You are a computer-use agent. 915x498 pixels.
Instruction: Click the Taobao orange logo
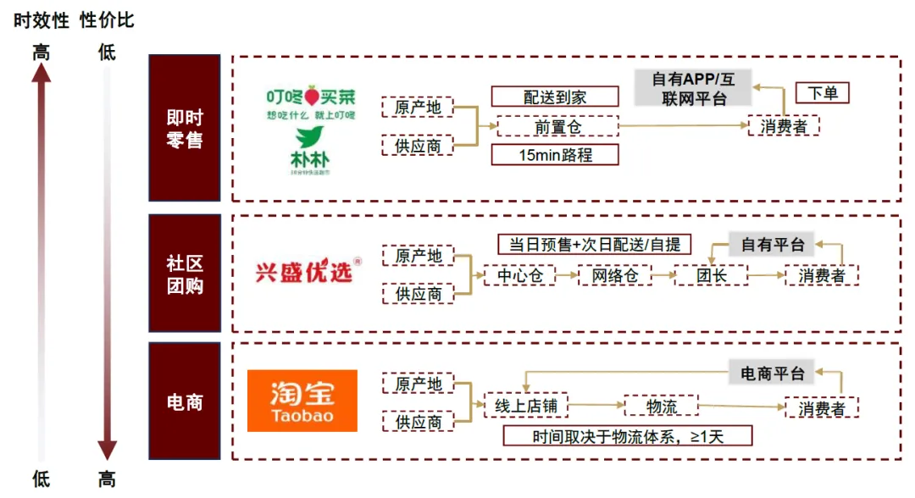[x=302, y=401]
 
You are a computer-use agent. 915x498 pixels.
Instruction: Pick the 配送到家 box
[x=555, y=97]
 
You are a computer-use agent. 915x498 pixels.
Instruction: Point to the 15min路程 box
[x=555, y=155]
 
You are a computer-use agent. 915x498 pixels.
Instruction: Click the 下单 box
[x=822, y=93]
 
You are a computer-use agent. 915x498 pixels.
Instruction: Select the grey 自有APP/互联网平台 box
[x=693, y=88]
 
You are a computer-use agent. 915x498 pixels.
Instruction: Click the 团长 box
[x=712, y=275]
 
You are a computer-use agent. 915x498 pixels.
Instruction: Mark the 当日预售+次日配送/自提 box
[x=594, y=245]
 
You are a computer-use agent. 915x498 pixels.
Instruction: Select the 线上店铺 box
[x=525, y=406]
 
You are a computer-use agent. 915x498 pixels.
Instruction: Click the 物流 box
[x=661, y=406]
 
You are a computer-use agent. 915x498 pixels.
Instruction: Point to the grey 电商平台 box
[x=772, y=373]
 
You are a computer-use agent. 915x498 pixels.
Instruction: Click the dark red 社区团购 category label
[x=185, y=274]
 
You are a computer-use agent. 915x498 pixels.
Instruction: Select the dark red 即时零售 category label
[x=185, y=128]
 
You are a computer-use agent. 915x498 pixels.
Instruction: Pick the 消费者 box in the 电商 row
[x=821, y=407]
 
